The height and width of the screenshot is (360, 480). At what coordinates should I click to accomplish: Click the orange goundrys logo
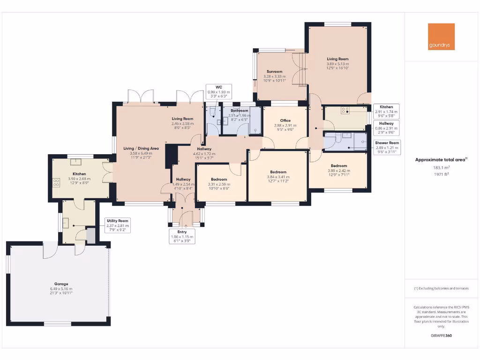coord(441,37)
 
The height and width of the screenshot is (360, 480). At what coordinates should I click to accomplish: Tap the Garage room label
coord(61,284)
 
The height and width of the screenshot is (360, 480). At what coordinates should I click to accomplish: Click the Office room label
coord(285,120)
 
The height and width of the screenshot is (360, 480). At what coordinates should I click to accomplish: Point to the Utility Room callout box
coord(117,225)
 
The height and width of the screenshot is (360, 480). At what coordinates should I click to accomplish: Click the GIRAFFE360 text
coord(441,336)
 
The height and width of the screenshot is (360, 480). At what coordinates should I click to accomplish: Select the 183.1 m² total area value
coord(441,167)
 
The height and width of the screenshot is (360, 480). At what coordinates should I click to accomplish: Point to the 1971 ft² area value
coord(441,174)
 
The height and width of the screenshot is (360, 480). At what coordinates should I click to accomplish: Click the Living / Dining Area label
coord(141,149)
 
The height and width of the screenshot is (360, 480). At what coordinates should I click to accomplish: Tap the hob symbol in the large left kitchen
coord(57,182)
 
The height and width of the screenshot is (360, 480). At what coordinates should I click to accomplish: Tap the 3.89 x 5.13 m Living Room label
coord(337,59)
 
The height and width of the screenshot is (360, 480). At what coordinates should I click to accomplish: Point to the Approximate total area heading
coord(441,160)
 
